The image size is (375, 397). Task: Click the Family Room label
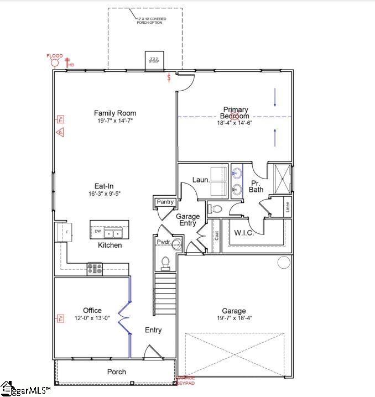point(115,113)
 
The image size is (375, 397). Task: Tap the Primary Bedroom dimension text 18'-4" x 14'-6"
point(236,123)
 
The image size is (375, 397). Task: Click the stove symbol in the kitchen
point(94,269)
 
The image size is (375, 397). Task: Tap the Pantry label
point(165,202)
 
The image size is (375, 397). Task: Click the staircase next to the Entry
point(165,293)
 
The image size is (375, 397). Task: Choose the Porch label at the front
point(116,372)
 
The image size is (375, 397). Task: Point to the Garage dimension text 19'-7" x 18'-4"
point(234,318)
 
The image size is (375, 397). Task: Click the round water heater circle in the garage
point(284,262)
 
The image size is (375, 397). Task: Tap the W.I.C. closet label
point(244,233)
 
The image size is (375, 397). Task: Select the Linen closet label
point(288,208)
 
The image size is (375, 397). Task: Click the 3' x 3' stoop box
point(153,61)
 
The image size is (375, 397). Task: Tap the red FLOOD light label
point(54,56)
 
